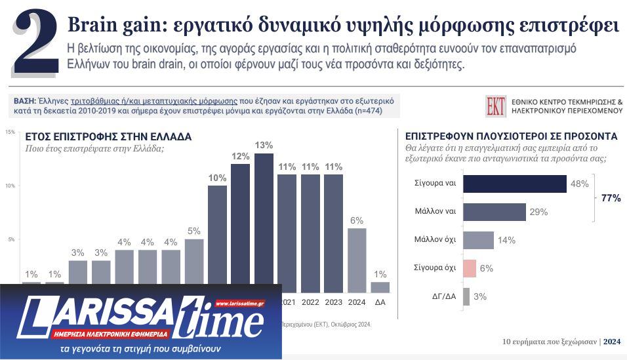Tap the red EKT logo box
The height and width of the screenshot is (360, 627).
pos(496,106)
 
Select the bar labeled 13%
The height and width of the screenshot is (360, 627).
pos(264,223)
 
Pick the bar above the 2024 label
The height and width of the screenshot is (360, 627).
pos(357,260)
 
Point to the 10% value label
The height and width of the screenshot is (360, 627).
pos(217,178)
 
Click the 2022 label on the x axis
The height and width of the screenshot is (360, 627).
pos(310,302)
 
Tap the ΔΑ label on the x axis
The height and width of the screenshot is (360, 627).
pos(380,302)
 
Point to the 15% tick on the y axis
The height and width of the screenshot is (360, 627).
pos(10,132)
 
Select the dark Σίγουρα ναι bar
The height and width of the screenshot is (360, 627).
pos(514,184)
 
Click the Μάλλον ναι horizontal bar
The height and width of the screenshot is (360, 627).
pos(494,212)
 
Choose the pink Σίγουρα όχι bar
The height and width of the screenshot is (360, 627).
pos(469,268)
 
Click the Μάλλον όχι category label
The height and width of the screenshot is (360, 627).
pos(435,240)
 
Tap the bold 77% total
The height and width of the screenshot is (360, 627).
pos(611,198)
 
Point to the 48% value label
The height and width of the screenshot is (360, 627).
pos(579,184)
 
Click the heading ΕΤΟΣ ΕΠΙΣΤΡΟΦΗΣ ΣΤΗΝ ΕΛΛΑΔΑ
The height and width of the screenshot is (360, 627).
pos(108,137)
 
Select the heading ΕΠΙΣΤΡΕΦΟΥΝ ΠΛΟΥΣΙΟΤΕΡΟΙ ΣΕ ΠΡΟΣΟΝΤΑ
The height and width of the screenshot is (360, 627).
pos(511,136)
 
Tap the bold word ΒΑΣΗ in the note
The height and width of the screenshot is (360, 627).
pos(25,101)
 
